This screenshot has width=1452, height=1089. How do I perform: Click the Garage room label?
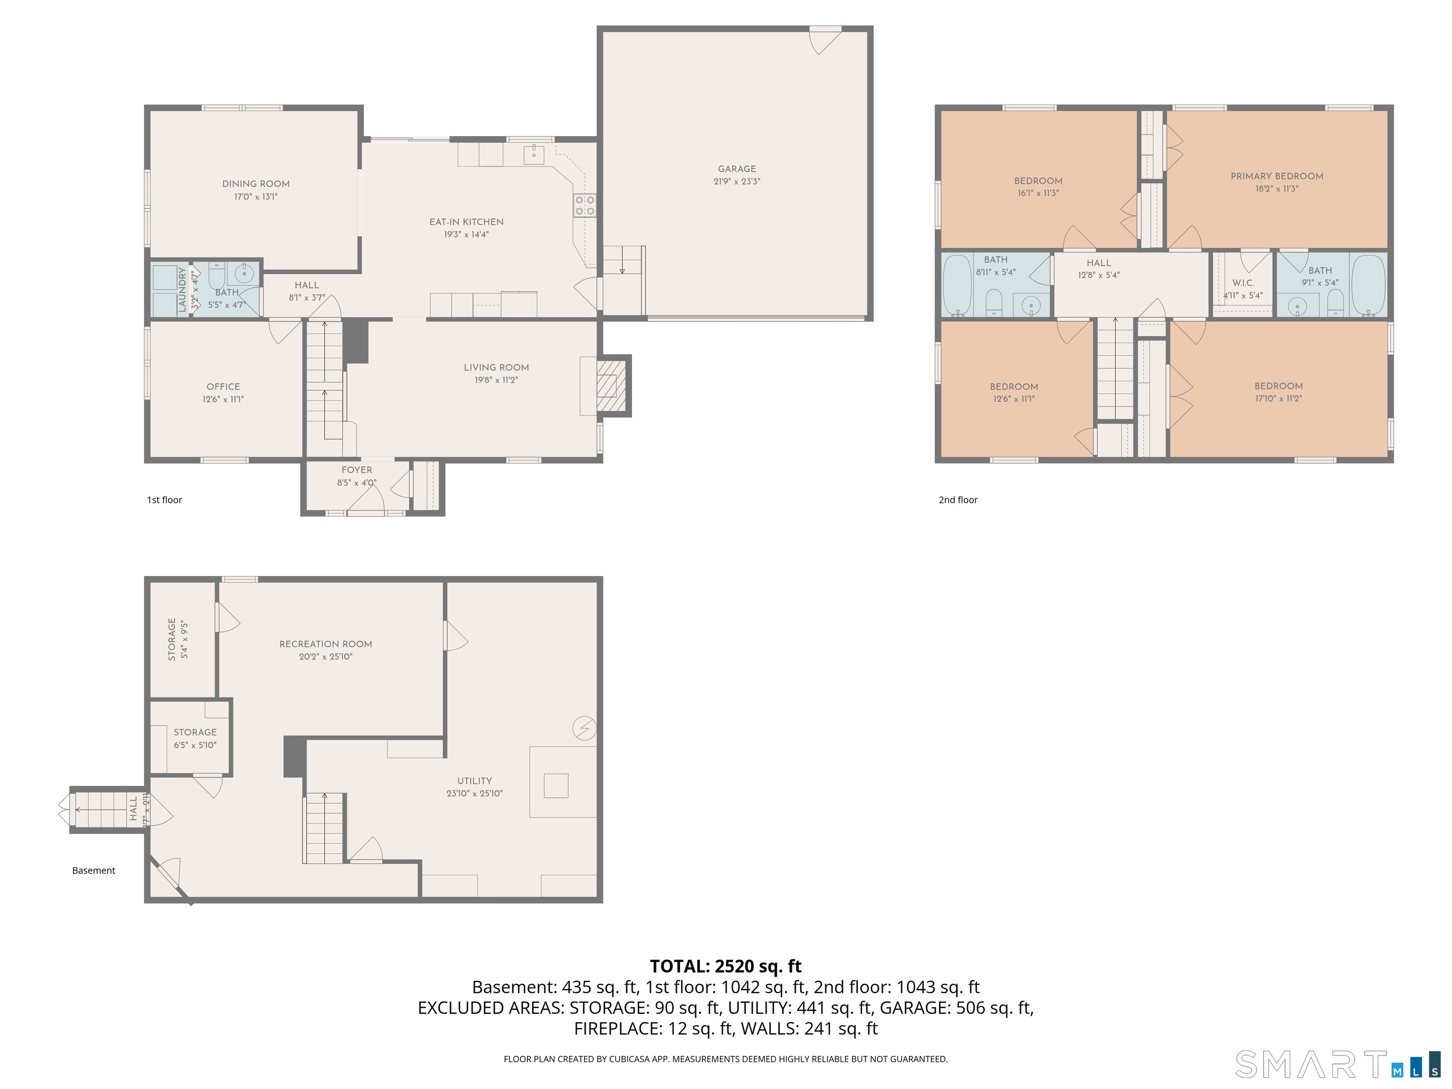[x=736, y=169]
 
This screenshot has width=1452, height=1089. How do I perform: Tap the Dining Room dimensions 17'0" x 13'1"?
[x=256, y=196]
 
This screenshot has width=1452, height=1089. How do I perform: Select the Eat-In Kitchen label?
[x=466, y=222]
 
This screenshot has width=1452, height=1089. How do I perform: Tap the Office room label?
[x=223, y=387]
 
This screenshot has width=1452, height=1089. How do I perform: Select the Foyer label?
[x=356, y=470]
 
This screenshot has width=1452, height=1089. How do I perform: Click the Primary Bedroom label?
[x=1277, y=176]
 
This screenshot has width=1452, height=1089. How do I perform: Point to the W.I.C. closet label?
[x=1243, y=283]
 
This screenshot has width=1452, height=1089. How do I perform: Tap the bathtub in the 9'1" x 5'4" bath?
[x=1369, y=285]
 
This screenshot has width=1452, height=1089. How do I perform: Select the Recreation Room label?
[x=326, y=644]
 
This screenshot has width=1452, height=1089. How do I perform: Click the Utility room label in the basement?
[x=475, y=780]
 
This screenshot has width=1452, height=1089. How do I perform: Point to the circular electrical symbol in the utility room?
[x=584, y=728]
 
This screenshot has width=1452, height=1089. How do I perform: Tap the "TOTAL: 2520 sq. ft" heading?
[x=726, y=966]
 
